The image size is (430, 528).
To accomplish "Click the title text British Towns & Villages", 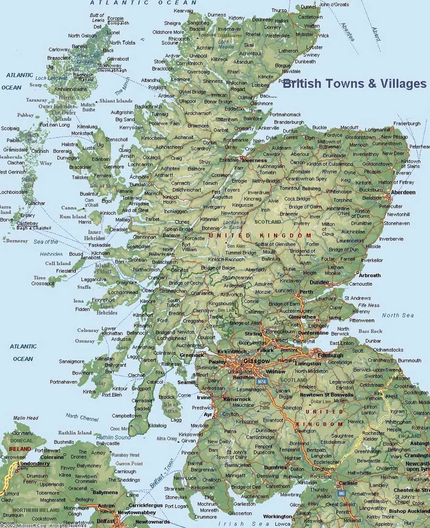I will tap(354, 84).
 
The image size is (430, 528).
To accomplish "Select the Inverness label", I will tap(254, 161).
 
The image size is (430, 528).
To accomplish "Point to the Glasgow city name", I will tap(257, 361).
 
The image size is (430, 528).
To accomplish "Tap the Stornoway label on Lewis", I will tap(109, 65).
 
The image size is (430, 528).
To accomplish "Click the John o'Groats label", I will tap(334, 5).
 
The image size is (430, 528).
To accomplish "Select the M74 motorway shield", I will tap(261, 382).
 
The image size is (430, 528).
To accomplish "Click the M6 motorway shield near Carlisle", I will tap(341, 493).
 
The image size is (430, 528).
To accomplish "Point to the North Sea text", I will tap(398, 315).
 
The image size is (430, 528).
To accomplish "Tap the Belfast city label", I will tap(106, 521).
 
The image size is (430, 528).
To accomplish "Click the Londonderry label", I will tap(34, 463).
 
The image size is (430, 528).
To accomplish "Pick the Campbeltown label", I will tap(127, 416).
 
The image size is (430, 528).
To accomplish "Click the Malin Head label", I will tap(26, 418).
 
